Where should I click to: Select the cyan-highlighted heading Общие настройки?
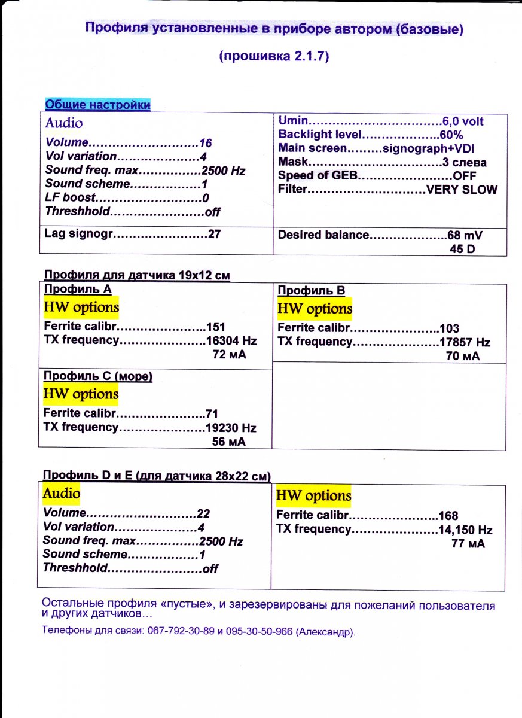[x=98, y=105]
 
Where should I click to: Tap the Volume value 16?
[x=206, y=144]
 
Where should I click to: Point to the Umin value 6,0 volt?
[x=463, y=121]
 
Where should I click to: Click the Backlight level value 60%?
[x=451, y=135]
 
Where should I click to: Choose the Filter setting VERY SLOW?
[x=461, y=190]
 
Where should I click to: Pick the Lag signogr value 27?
[x=214, y=234]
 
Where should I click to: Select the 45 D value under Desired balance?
[x=462, y=248]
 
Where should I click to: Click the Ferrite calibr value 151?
[x=215, y=327]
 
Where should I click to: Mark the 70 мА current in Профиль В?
[x=463, y=356]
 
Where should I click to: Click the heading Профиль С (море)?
[x=98, y=376]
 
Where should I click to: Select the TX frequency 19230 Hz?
[x=230, y=428]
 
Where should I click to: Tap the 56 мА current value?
[x=229, y=442]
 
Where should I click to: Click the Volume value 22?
[x=203, y=514]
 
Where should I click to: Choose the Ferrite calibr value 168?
[x=448, y=516]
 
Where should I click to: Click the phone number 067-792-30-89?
[x=181, y=632]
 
